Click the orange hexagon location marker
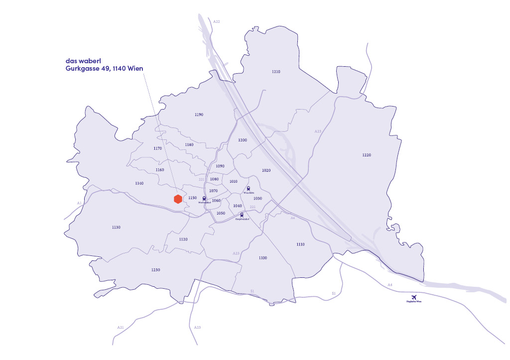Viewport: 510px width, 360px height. click(x=177, y=199)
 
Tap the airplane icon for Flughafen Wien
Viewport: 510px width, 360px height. click(x=413, y=297)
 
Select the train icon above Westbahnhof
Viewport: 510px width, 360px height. click(x=205, y=198)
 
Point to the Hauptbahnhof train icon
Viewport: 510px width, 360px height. click(x=242, y=215)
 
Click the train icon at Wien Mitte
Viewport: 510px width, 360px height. click(x=248, y=188)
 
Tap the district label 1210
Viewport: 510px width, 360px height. click(x=276, y=72)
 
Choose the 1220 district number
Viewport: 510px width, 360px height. click(x=367, y=155)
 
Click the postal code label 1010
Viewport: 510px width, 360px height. click(x=233, y=182)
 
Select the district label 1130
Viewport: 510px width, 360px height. click(x=116, y=227)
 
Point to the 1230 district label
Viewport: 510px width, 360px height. click(x=155, y=269)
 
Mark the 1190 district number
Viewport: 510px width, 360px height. click(x=199, y=115)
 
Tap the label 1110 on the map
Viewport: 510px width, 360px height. click(x=300, y=244)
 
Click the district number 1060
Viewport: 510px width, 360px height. click(x=216, y=201)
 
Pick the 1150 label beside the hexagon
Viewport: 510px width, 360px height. click(x=193, y=198)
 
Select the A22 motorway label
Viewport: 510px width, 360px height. click(x=216, y=22)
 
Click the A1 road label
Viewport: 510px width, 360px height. click(x=79, y=203)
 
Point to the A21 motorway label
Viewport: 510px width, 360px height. click(x=121, y=327)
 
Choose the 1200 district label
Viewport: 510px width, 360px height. click(x=243, y=140)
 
